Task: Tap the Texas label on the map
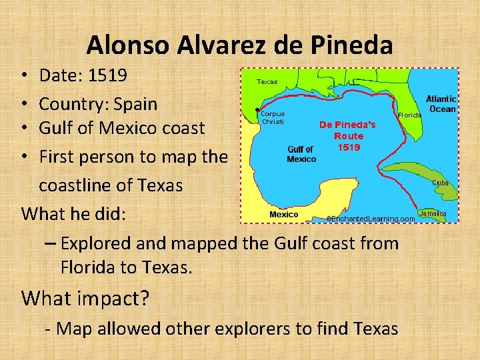coord(267,81)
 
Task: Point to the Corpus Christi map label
coord(273,117)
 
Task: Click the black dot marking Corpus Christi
coord(257,109)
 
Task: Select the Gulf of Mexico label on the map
coord(301,154)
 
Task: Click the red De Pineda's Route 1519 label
coord(347,135)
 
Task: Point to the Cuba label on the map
coord(440,182)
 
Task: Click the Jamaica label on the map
coord(433,214)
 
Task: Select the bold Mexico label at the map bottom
coord(283,215)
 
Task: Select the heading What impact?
coord(85,298)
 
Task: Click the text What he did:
coord(79,214)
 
